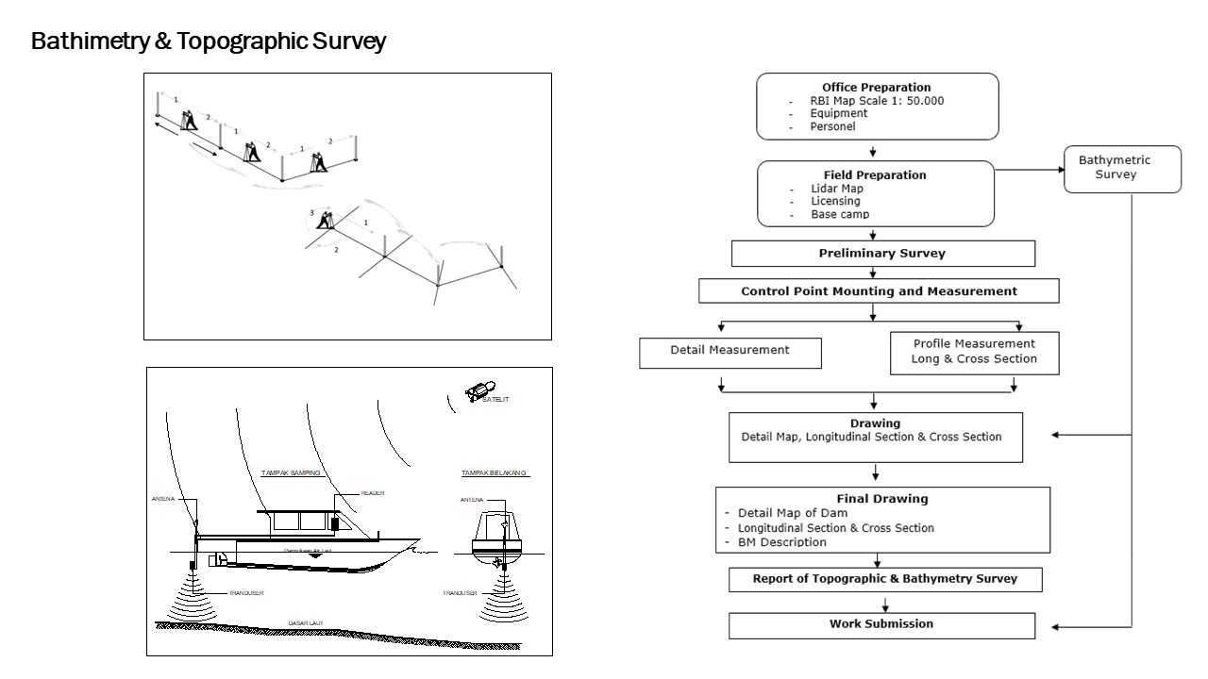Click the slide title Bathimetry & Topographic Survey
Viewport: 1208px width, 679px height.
click(x=209, y=42)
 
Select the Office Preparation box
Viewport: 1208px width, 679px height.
click(x=876, y=106)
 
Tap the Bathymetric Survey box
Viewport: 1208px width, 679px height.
click(x=1122, y=168)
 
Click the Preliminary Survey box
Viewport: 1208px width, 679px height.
click(x=882, y=254)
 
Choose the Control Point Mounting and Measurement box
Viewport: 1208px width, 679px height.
click(x=879, y=291)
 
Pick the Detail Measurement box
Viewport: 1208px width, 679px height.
click(x=730, y=350)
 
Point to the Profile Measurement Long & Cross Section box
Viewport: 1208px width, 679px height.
click(x=973, y=351)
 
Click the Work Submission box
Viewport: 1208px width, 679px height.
click(x=881, y=624)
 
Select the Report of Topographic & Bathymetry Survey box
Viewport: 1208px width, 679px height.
click(x=884, y=579)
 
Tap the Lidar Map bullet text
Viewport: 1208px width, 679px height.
click(x=837, y=189)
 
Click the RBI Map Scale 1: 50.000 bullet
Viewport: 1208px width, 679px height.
click(x=877, y=101)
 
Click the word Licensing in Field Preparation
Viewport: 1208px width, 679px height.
click(x=835, y=202)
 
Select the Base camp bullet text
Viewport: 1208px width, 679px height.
click(x=840, y=215)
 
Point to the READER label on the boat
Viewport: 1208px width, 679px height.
click(x=373, y=492)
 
